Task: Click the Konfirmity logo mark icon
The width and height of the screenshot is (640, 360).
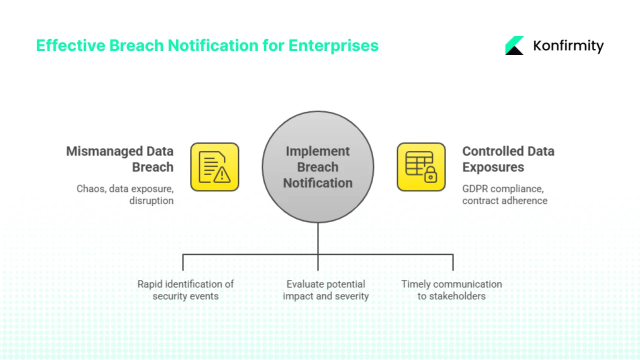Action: tap(514, 45)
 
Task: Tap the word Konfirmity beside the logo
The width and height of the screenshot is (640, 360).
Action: tap(568, 46)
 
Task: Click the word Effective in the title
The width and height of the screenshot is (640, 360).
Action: tap(70, 45)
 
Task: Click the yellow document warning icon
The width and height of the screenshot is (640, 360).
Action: tap(214, 167)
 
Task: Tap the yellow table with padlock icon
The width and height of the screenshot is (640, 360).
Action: tap(421, 167)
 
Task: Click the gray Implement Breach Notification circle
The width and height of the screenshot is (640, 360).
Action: tap(318, 167)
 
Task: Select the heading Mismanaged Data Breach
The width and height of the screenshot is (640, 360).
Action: tap(120, 159)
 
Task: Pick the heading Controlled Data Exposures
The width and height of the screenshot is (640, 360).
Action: tap(508, 159)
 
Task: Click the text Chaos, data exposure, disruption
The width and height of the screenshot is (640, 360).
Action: tap(125, 194)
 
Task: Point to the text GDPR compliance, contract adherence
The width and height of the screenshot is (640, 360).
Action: tap(504, 194)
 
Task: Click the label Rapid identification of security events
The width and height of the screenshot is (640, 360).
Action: tap(185, 290)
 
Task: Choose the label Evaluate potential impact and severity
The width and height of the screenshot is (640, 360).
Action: tap(325, 290)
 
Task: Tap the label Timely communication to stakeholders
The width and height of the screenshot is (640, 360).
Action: tap(451, 290)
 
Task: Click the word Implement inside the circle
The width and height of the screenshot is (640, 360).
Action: tap(318, 151)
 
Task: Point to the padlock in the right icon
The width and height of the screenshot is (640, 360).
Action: tap(429, 175)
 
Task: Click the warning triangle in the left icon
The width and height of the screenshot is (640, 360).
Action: tap(222, 175)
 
